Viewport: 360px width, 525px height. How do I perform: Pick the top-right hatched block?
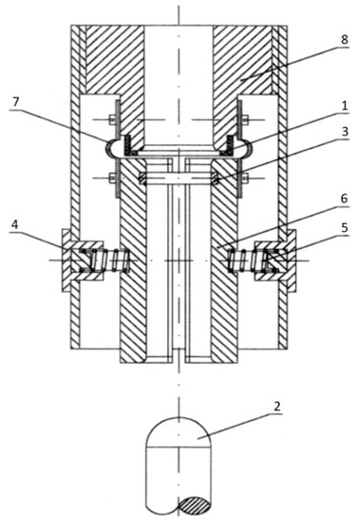246,57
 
